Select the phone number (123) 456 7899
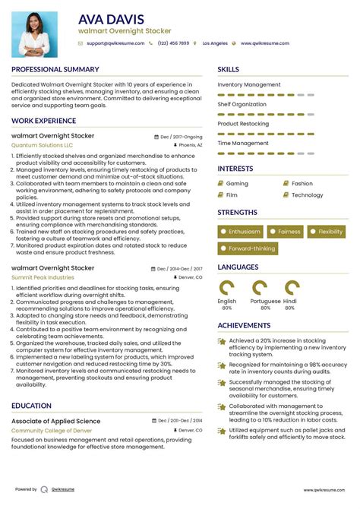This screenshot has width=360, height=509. pos(173,44)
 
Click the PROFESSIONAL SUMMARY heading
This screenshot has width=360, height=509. pos(55,69)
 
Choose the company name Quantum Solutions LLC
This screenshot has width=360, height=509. pos(43,144)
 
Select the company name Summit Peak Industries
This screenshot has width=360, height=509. pos(43,277)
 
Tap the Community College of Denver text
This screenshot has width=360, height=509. pos(50,430)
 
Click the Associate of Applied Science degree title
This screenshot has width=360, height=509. pos(56,421)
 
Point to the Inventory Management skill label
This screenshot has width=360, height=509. pos(249,84)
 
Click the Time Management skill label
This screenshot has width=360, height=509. pos(243,142)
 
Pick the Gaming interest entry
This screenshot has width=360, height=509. pos(237,183)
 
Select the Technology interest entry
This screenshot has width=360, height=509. pos(307,195)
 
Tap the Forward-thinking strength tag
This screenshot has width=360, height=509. pos(248,248)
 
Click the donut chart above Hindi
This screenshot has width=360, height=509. pos(292,288)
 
